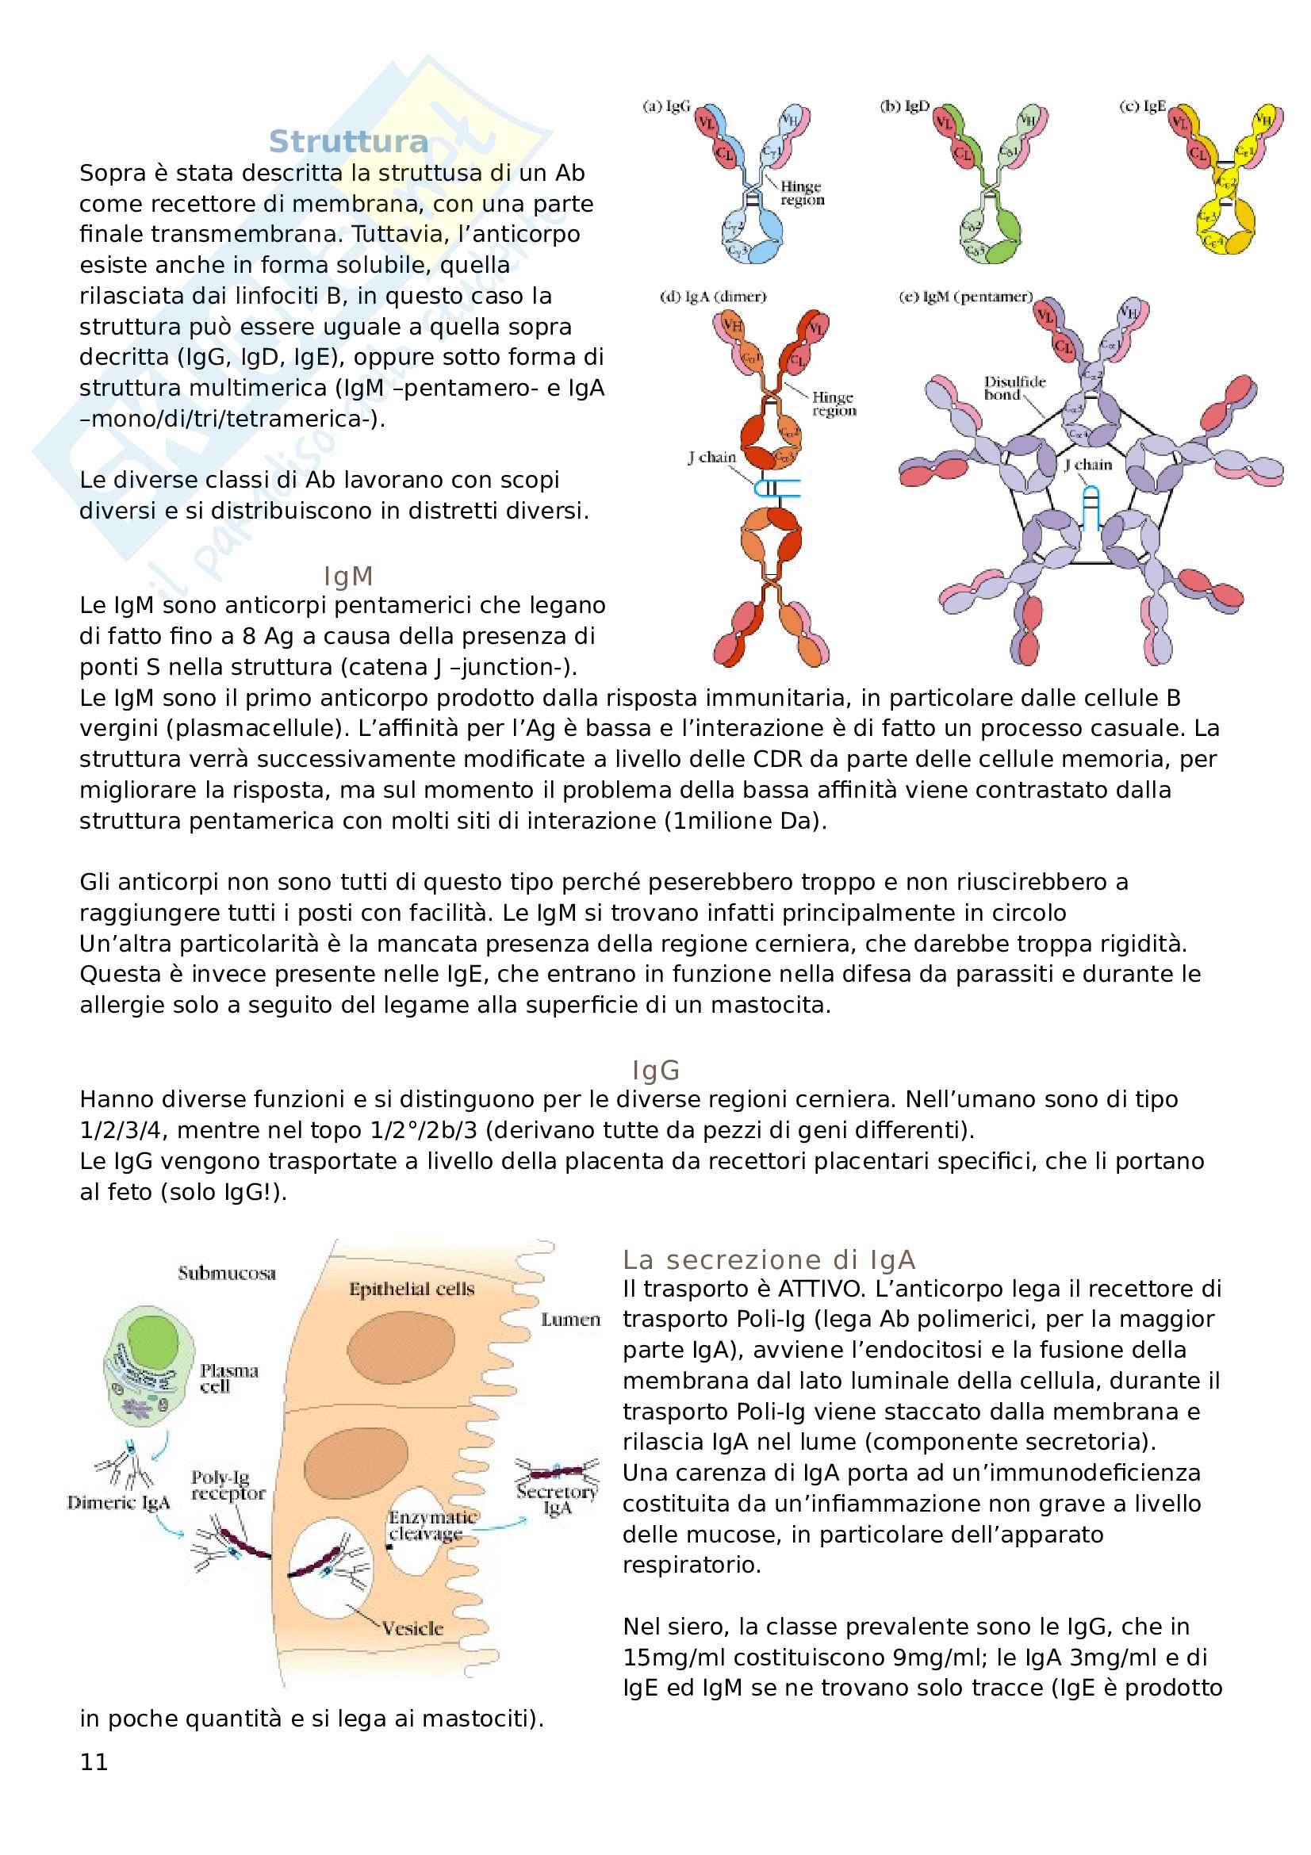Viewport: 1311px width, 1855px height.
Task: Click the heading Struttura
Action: click(x=348, y=141)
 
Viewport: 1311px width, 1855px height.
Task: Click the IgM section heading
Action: click(x=348, y=576)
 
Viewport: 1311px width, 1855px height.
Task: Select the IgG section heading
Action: click(x=655, y=1071)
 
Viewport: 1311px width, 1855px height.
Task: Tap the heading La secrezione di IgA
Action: click(x=769, y=1259)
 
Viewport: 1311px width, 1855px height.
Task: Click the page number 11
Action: click(x=94, y=1762)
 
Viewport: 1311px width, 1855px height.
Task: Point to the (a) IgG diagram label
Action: click(x=666, y=105)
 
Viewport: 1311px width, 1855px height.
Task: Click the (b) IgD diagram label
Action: click(x=905, y=105)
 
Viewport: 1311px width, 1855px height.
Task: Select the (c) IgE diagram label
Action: click(x=1142, y=105)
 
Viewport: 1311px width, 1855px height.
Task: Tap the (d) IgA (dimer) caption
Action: click(x=713, y=297)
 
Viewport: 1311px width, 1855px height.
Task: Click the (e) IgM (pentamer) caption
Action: click(x=965, y=297)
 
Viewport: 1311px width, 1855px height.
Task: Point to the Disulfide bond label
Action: click(x=1014, y=388)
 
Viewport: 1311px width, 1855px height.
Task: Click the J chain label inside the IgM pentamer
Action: click(x=1087, y=465)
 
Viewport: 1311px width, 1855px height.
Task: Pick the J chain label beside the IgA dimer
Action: click(x=711, y=458)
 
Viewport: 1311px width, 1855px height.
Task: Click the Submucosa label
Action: click(x=227, y=1274)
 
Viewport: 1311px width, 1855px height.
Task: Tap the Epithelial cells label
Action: click(x=411, y=1290)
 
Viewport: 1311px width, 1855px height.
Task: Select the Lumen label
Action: click(x=570, y=1320)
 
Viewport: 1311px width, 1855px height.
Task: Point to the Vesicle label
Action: click(x=412, y=1628)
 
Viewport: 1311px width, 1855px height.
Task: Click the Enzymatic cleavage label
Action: click(x=432, y=1525)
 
